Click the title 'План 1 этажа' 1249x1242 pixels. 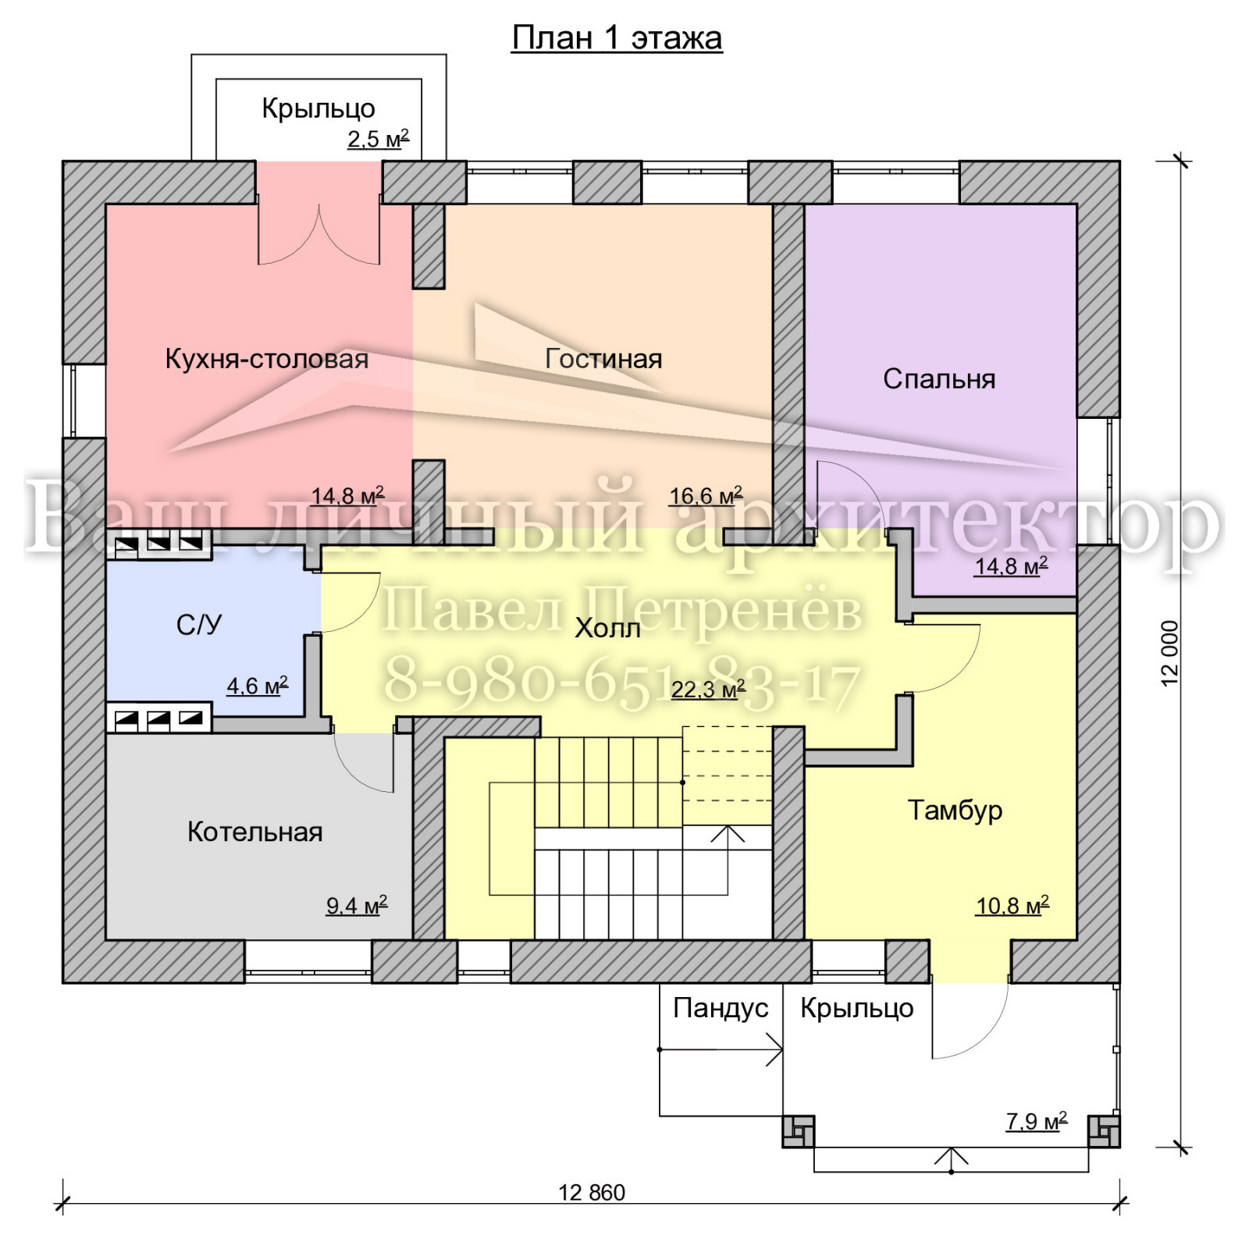617,38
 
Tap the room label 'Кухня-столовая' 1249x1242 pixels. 267,359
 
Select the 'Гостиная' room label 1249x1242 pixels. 603,359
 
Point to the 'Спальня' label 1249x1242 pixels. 939,379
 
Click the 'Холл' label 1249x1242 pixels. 607,628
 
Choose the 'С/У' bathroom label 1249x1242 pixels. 199,624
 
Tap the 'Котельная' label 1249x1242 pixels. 254,832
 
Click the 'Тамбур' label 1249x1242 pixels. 955,810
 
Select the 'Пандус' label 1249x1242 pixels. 721,1008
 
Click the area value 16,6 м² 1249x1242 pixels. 706,495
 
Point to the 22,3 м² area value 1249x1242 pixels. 708,689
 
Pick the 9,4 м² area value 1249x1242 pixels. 357,905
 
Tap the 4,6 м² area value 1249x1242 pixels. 258,686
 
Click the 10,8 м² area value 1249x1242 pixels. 1012,905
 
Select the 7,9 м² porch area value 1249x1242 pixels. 1037,1121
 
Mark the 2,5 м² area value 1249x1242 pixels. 379,139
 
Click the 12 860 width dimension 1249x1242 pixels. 592,1193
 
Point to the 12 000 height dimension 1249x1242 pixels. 1169,654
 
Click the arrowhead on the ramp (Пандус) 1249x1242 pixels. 774,1049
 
